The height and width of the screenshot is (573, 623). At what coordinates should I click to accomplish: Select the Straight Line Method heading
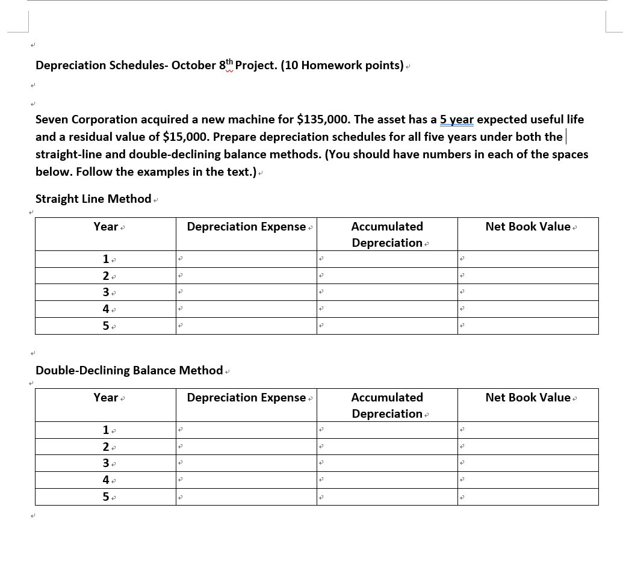93,199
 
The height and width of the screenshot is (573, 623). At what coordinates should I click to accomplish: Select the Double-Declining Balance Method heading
129,370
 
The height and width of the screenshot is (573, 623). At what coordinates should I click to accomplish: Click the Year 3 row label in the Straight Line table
106,293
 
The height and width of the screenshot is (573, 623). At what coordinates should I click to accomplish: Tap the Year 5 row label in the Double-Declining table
106,497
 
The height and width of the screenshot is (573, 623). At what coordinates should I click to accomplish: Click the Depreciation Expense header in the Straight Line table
246,227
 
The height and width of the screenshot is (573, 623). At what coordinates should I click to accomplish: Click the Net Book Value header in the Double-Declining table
528,398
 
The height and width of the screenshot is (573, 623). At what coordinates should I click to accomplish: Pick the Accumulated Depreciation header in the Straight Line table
387,234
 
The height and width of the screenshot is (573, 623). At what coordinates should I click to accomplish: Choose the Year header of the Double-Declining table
106,398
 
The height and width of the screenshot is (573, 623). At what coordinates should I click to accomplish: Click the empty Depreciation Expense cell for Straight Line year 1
246,259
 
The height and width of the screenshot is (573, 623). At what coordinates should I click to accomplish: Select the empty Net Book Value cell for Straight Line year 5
528,326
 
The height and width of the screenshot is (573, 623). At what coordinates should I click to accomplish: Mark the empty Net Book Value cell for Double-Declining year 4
528,480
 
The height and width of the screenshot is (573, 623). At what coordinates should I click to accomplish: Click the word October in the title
193,65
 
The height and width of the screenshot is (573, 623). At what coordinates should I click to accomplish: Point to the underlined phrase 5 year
457,120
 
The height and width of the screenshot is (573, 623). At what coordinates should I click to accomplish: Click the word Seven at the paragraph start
52,120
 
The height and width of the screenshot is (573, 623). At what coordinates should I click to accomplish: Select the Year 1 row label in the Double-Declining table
106,430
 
